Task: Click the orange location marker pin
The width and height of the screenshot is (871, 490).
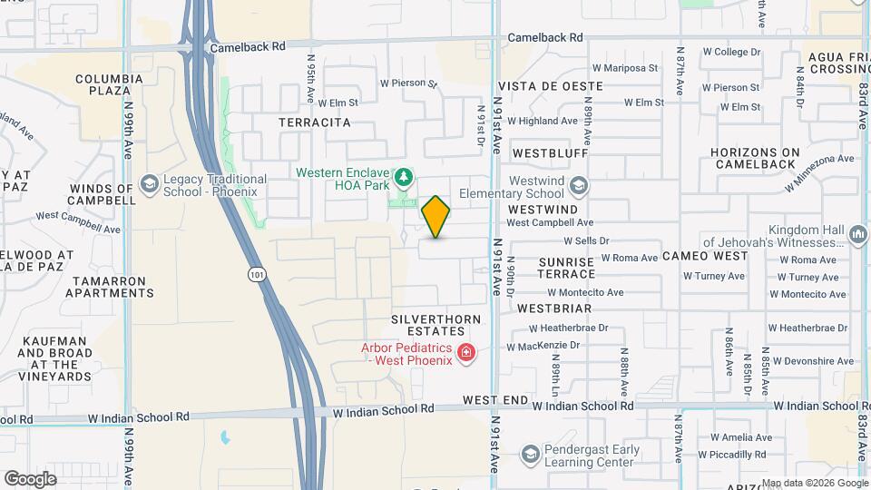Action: [436, 216]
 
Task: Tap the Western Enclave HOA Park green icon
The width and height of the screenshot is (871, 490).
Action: [406, 175]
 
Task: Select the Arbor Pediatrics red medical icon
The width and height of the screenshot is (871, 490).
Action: [466, 352]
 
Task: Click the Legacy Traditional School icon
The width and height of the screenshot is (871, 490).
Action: [149, 186]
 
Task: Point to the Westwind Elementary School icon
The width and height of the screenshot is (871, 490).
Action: [579, 186]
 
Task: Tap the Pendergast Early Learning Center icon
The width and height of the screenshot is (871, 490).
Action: [530, 454]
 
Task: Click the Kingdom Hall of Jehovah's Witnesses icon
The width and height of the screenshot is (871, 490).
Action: [858, 236]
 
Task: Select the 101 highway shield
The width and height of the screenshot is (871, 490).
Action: [258, 273]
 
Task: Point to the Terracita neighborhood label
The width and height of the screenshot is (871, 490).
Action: [314, 122]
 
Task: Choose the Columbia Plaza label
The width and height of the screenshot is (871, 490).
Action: [109, 85]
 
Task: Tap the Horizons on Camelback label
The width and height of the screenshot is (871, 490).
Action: [757, 158]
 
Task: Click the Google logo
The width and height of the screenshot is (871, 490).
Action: [30, 478]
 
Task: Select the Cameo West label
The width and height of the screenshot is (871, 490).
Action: [705, 255]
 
